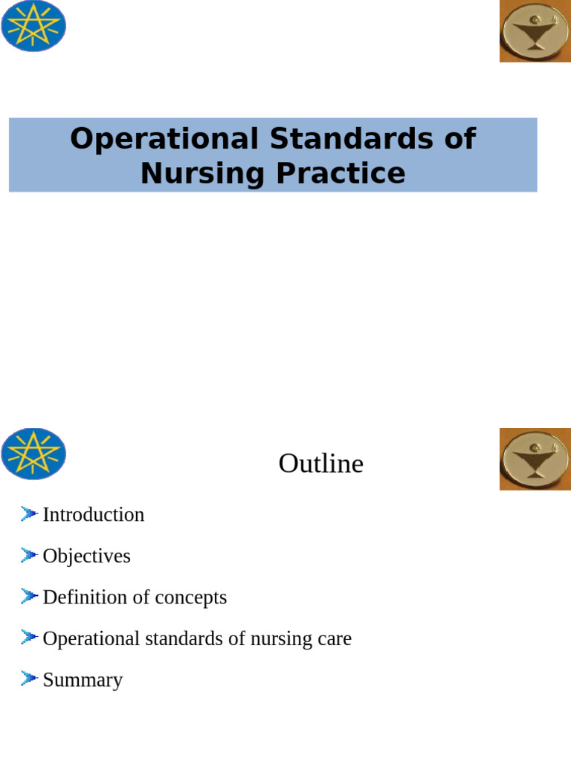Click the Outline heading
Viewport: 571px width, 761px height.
[320, 463]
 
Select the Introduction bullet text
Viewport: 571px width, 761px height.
[94, 514]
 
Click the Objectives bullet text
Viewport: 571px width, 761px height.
[86, 556]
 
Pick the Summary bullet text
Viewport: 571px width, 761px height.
[83, 680]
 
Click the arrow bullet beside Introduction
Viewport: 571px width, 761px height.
[29, 514]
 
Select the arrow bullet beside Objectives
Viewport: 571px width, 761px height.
[29, 555]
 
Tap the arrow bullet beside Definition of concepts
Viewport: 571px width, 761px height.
[29, 596]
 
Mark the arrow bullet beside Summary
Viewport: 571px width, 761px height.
[29, 679]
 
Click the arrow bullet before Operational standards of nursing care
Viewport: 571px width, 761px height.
[29, 638]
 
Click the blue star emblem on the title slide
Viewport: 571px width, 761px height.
[33, 27]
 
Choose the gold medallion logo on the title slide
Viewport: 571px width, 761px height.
[535, 31]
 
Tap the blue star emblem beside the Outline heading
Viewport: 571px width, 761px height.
[33, 454]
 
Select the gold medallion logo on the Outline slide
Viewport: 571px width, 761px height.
[535, 459]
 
